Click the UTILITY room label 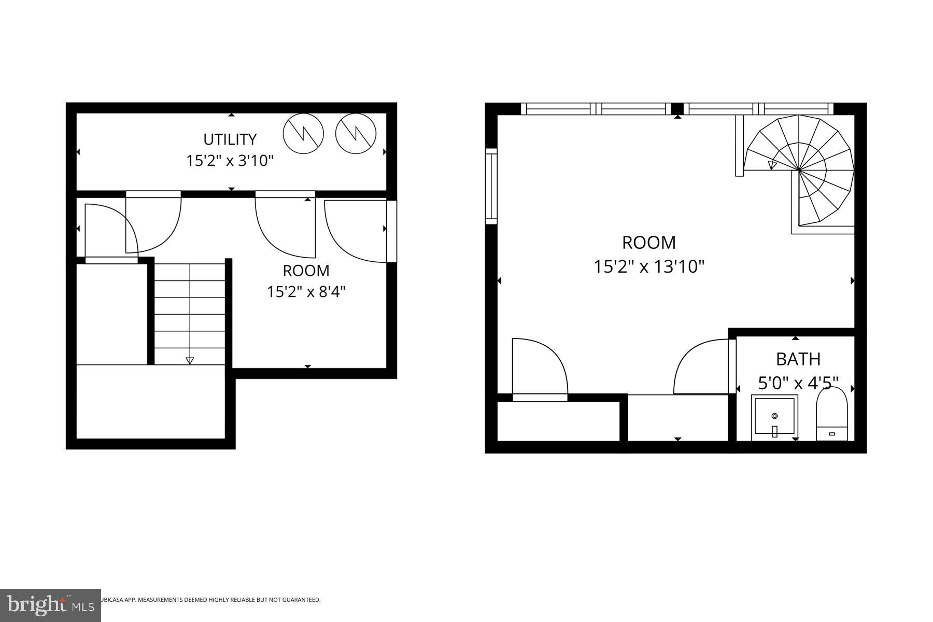pyautogui.click(x=230, y=139)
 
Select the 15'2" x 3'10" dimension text pyautogui.click(x=230, y=161)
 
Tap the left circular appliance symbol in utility pyautogui.click(x=303, y=134)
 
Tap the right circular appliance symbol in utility pyautogui.click(x=356, y=134)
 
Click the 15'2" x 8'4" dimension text pyautogui.click(x=306, y=292)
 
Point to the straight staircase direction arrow pyautogui.click(x=190, y=360)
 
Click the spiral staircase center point pyautogui.click(x=799, y=170)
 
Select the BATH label pyautogui.click(x=798, y=359)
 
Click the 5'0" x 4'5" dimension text pyautogui.click(x=798, y=384)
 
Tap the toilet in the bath pyautogui.click(x=831, y=415)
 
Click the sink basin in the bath pyautogui.click(x=774, y=417)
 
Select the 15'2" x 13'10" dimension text pyautogui.click(x=649, y=267)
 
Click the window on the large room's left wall pyautogui.click(x=491, y=187)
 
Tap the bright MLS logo pyautogui.click(x=50, y=605)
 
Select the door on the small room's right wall pyautogui.click(x=391, y=231)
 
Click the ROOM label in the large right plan pyautogui.click(x=649, y=243)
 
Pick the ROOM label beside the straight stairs pyautogui.click(x=306, y=271)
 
